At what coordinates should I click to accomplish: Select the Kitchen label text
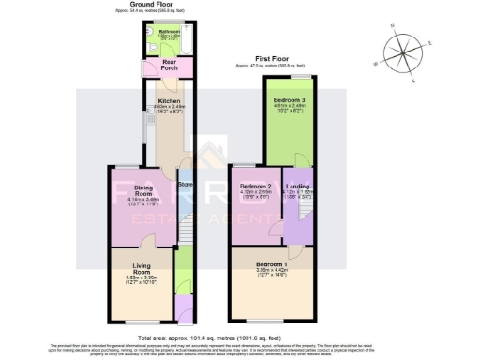(x=169, y=100)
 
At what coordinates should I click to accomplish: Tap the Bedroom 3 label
(x=289, y=100)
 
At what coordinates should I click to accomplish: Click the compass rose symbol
(x=403, y=51)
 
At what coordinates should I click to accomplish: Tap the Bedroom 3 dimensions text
(x=289, y=109)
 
